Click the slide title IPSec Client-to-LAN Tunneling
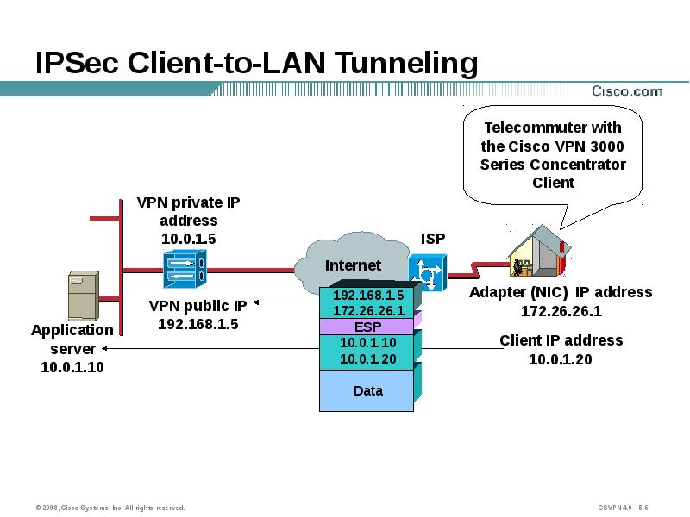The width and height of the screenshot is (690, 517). click(x=256, y=63)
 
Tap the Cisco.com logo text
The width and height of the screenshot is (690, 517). click(x=626, y=90)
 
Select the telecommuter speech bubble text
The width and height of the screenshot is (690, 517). click(x=553, y=155)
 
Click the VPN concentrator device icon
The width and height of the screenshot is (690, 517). click(x=184, y=270)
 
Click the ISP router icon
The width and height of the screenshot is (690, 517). click(x=428, y=273)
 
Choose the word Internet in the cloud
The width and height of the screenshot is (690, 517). click(x=353, y=265)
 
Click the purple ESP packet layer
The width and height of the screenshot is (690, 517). click(x=367, y=327)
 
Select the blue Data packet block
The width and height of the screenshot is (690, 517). click(x=367, y=391)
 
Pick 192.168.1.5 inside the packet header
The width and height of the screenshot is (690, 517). click(x=368, y=296)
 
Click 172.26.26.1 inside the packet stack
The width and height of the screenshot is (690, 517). click(x=368, y=310)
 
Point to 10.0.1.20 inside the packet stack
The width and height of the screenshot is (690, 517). click(x=368, y=358)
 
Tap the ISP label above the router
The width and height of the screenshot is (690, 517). click(x=433, y=238)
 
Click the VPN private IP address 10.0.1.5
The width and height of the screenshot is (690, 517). click(x=188, y=238)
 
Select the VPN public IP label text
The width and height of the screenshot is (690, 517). click(x=198, y=305)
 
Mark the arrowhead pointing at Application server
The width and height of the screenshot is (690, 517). click(x=105, y=349)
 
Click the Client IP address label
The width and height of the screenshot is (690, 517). click(x=561, y=340)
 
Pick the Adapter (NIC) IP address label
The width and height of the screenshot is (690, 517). click(x=561, y=292)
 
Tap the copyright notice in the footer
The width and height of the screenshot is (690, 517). click(x=110, y=508)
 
